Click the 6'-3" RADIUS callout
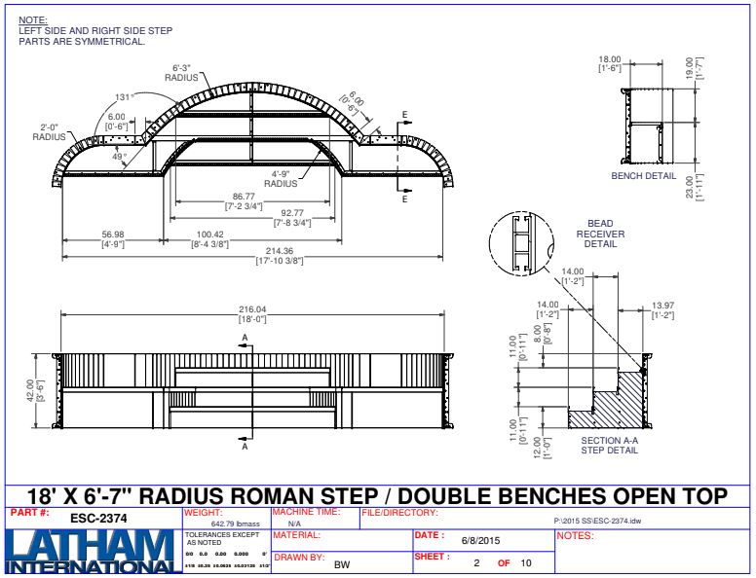click(x=181, y=72)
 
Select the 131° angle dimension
click(x=123, y=97)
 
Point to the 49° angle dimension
click(x=119, y=156)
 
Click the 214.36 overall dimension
click(x=251, y=250)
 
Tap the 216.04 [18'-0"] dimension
click(x=252, y=310)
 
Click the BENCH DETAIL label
click(x=643, y=176)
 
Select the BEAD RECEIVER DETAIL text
click(x=600, y=234)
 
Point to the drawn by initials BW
click(x=342, y=564)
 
